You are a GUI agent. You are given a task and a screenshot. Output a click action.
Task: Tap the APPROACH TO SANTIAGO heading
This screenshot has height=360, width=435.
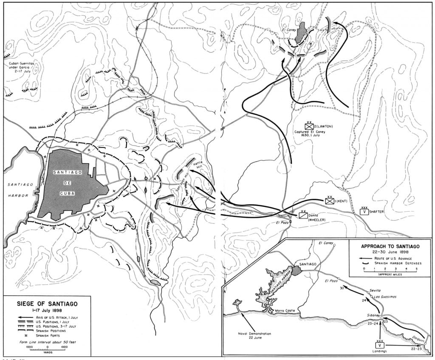(390, 246)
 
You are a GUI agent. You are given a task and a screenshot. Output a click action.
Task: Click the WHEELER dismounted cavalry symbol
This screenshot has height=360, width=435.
(303, 215)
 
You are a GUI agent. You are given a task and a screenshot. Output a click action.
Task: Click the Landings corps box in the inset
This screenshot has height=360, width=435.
(380, 345)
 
